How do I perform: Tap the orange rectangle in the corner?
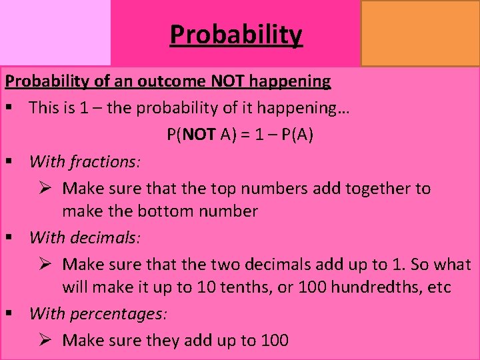[419, 33]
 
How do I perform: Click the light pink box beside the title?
[55, 33]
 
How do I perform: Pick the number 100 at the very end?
[275, 341]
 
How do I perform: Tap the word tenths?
[235, 288]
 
